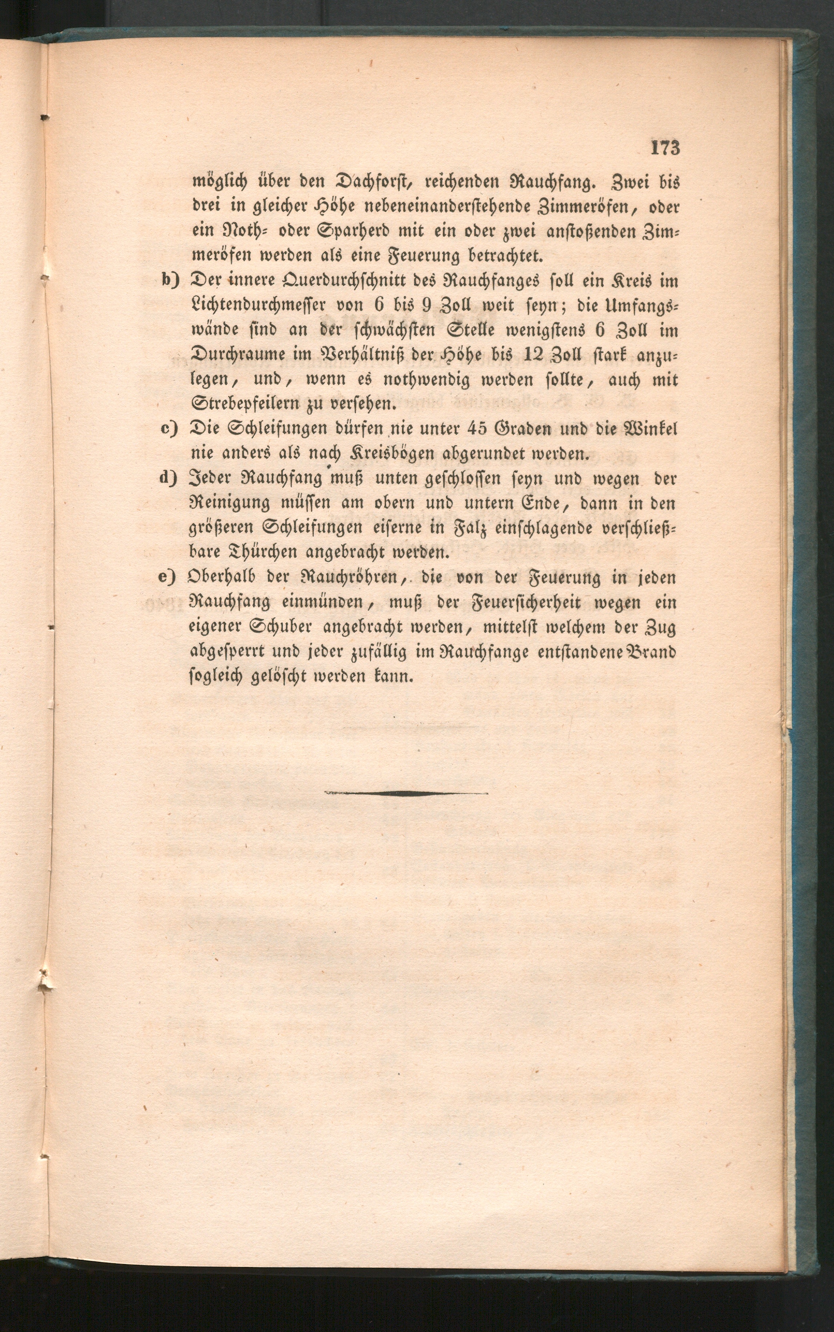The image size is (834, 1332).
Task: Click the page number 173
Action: (x=665, y=149)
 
